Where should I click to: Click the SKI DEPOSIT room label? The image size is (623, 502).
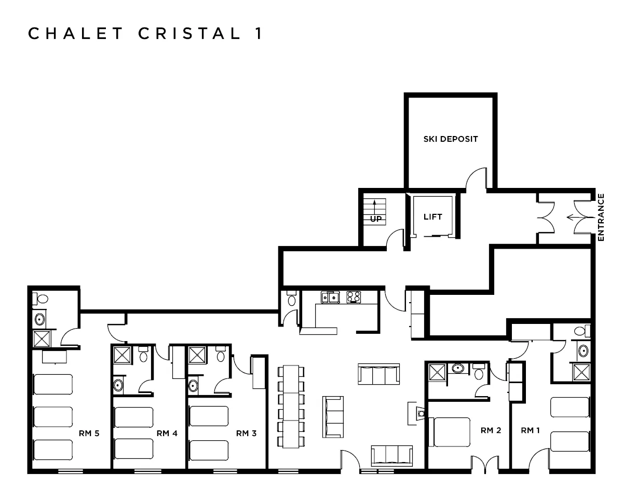coord(450,139)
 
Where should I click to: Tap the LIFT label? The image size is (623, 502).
coord(432,216)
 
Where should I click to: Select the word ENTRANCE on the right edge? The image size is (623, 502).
coord(601,216)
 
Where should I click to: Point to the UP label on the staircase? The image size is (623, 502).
coord(376,219)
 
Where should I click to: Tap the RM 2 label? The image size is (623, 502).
coord(491,430)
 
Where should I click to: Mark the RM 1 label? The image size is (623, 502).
coord(531,430)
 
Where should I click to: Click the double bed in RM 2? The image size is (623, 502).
coord(451,432)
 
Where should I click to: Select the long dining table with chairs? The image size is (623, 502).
coord(289,406)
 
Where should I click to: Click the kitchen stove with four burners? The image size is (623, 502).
coord(354,297)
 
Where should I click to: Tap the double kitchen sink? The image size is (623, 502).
coord(330,297)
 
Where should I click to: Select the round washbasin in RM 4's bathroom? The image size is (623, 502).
coord(118,386)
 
